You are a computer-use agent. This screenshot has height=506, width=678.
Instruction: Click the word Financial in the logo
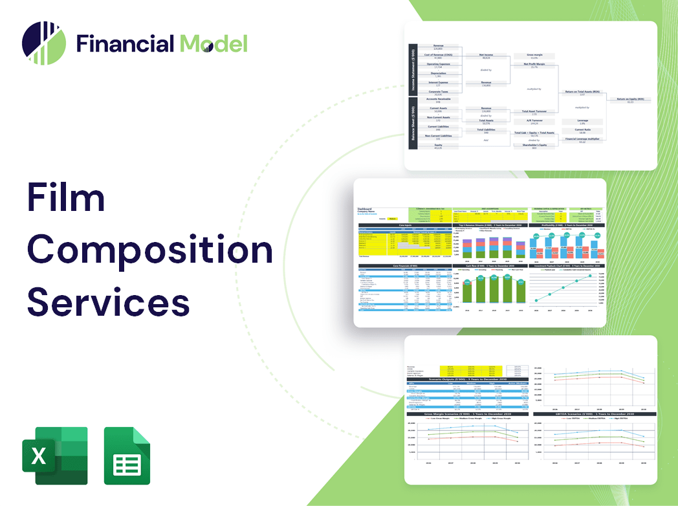pyautogui.click(x=125, y=43)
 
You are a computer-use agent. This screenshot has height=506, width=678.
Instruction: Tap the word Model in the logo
pyautogui.click(x=213, y=43)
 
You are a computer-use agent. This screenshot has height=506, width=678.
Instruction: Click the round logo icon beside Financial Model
pyautogui.click(x=44, y=44)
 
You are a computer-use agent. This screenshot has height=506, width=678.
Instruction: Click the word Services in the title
pyautogui.click(x=109, y=301)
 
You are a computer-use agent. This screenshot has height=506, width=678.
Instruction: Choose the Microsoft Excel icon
pyautogui.click(x=54, y=456)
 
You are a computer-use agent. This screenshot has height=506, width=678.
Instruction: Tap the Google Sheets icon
pyautogui.click(x=127, y=456)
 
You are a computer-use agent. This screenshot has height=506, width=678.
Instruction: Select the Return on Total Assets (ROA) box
pyautogui.click(x=582, y=93)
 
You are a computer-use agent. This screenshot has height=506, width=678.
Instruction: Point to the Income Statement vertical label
pyautogui.click(x=412, y=69)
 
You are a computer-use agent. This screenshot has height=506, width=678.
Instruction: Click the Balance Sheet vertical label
pyautogui.click(x=412, y=129)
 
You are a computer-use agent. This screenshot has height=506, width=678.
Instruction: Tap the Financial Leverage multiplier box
pyautogui.click(x=582, y=140)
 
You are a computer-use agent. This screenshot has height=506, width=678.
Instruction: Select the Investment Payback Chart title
pyautogui.click(x=567, y=265)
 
